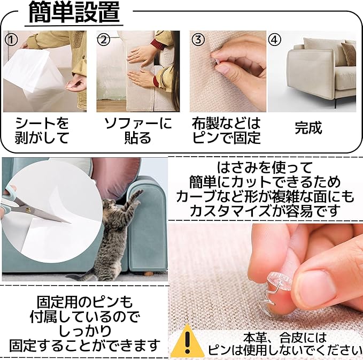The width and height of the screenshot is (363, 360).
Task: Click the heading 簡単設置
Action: click(x=74, y=12)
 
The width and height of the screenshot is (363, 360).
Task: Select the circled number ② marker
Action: click(x=103, y=40)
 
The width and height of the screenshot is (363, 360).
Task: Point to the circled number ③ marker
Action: click(x=198, y=40)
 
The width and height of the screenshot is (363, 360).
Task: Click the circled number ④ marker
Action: click(x=274, y=40)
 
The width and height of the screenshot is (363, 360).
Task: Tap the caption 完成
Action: click(x=308, y=127)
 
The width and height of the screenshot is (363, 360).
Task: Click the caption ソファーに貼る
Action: click(x=138, y=130)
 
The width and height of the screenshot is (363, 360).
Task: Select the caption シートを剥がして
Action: click(x=42, y=130)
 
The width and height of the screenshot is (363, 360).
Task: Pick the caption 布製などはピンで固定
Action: click(x=226, y=130)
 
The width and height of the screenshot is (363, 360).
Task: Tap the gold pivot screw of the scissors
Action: click(x=28, y=210)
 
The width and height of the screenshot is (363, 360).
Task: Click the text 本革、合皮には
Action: click(x=284, y=338)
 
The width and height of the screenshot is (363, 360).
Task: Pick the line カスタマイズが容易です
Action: click(x=266, y=211)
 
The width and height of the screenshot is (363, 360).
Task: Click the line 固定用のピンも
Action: click(x=84, y=302)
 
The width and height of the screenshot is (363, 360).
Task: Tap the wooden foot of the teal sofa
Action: click(x=148, y=274)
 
